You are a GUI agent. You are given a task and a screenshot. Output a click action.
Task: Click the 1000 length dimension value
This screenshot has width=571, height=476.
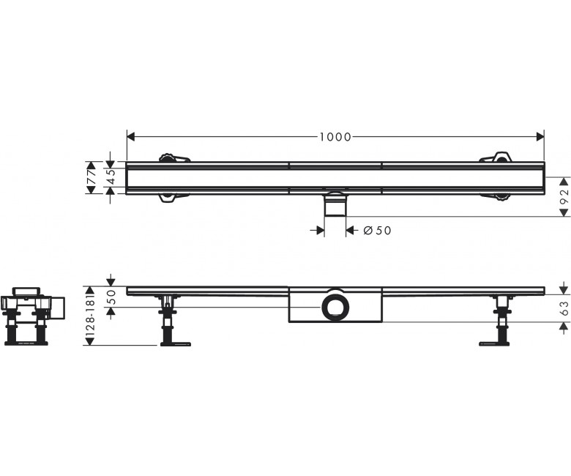point(335,137)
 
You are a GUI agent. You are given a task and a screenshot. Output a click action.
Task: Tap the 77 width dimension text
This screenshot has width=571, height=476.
point(92,177)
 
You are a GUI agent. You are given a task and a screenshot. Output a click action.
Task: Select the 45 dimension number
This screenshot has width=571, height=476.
point(111,177)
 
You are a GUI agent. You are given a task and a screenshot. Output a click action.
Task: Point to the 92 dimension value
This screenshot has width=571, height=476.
point(564,197)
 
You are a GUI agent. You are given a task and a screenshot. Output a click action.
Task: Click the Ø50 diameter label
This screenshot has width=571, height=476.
point(377,230)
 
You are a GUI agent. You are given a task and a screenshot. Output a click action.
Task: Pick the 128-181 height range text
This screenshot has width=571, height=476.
point(91,316)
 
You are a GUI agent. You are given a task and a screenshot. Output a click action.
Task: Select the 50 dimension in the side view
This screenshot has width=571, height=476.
point(111,297)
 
